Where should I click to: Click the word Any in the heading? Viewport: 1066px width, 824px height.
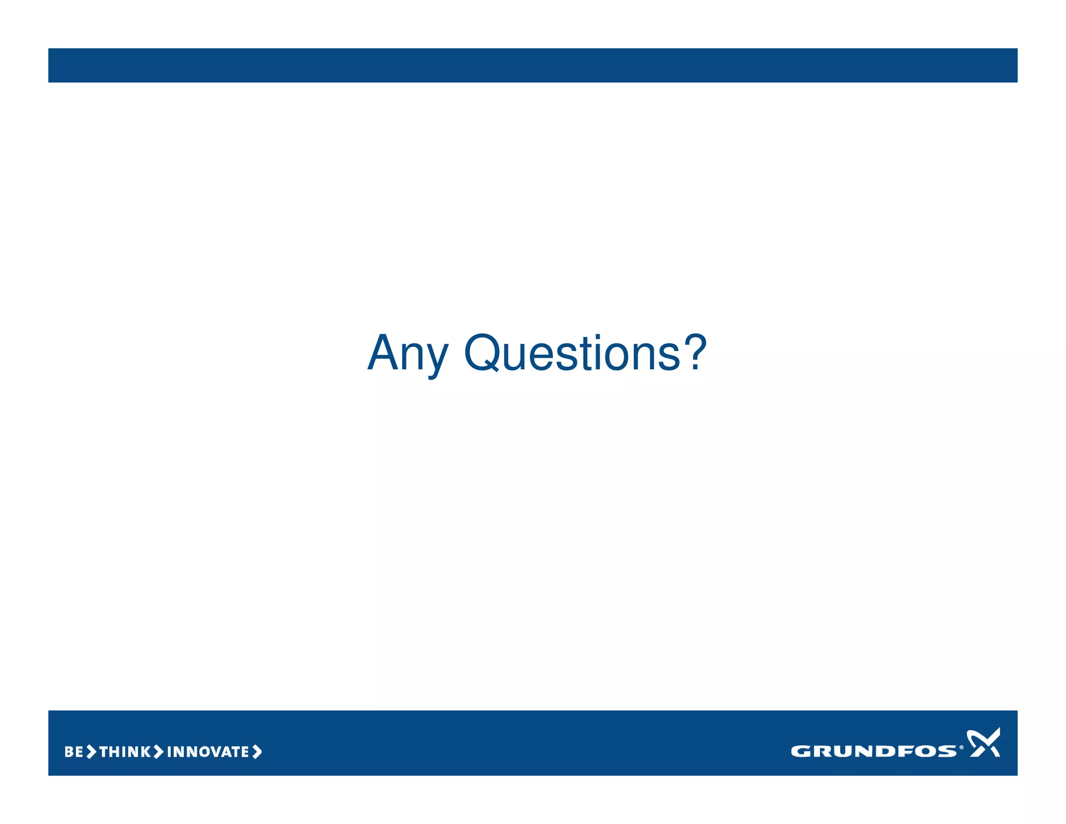coord(407,354)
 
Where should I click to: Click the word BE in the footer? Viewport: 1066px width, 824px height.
coord(73,752)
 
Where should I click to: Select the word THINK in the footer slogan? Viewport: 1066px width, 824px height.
coord(125,752)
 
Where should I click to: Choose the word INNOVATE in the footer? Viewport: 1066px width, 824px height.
coord(208,752)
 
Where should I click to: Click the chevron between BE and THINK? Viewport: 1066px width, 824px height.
coord(92,752)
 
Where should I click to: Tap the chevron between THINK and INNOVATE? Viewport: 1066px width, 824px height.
coord(158,752)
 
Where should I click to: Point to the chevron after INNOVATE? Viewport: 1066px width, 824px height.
coord(257,752)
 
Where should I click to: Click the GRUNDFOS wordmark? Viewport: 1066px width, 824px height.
coord(873,751)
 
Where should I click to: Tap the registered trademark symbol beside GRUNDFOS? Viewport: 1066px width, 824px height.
coord(961,747)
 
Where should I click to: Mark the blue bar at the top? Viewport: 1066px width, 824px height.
coord(533,65)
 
